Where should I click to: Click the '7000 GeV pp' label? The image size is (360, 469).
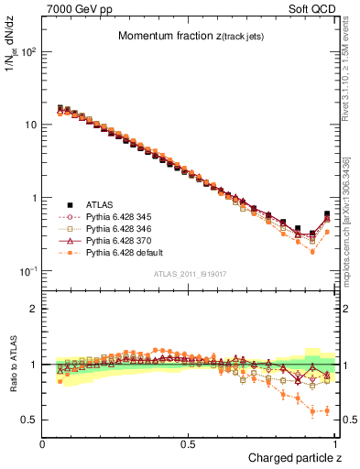[73, 8]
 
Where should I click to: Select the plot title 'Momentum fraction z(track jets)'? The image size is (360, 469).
[190, 37]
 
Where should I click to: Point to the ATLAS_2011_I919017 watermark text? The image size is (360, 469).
[190, 275]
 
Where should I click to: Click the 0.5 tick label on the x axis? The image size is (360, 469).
[190, 442]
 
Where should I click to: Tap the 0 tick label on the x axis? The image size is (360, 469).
[43, 442]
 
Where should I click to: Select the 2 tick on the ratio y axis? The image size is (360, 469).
[35, 309]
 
